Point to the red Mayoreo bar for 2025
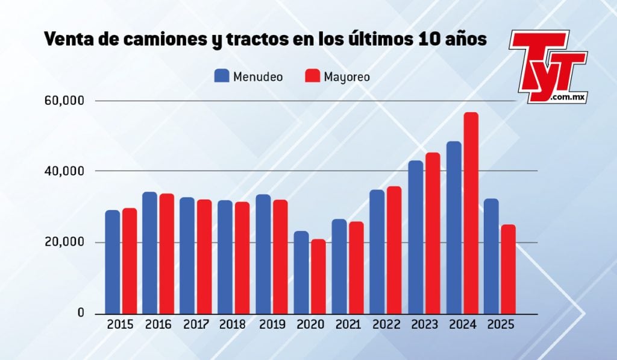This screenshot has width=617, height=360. pyautogui.click(x=508, y=269)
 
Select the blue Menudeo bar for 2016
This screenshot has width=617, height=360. pyautogui.click(x=149, y=253)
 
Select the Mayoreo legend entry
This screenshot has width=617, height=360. pyautogui.click(x=337, y=77)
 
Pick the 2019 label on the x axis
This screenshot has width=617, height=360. pyautogui.click(x=272, y=325)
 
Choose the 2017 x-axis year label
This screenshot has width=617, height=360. pyautogui.click(x=196, y=325)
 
